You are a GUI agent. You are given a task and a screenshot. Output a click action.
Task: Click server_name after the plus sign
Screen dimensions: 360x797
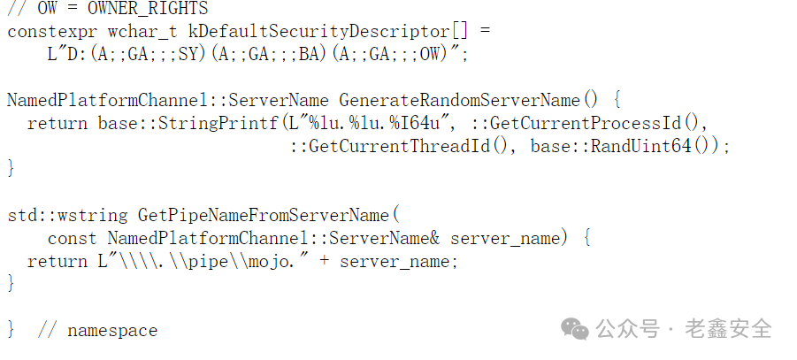tap(399, 261)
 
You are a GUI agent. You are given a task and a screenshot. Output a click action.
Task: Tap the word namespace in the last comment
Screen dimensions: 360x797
tap(112, 331)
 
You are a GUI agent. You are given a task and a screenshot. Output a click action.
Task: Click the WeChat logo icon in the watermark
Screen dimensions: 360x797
tap(577, 329)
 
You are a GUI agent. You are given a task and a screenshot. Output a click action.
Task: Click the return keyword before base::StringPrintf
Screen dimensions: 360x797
tap(57, 123)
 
